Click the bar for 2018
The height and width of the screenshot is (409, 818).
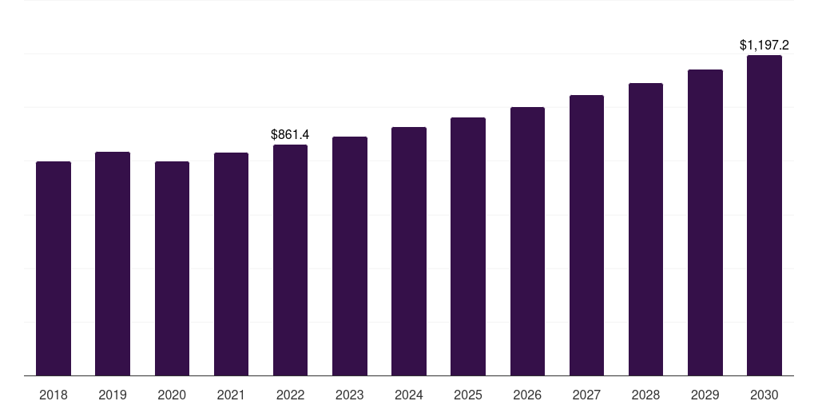(x=54, y=268)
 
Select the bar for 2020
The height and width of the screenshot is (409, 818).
(x=172, y=268)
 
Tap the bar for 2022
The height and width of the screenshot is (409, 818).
(x=290, y=260)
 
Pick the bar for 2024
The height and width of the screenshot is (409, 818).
(x=409, y=251)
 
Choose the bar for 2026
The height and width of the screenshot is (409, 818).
(x=527, y=241)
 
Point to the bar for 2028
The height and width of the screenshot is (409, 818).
(x=645, y=229)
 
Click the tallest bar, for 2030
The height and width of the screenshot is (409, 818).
(x=764, y=215)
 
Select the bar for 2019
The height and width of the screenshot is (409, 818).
(x=113, y=264)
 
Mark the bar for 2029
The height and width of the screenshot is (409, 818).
(x=705, y=222)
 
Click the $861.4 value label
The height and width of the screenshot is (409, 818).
(x=290, y=134)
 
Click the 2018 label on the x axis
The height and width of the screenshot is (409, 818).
(x=54, y=395)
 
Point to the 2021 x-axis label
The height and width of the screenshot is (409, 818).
(x=231, y=395)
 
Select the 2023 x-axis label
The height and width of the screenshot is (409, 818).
(x=350, y=395)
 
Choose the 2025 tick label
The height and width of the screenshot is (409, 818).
(x=468, y=395)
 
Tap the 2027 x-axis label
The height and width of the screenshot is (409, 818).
(x=586, y=395)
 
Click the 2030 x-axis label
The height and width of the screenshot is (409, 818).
(x=764, y=395)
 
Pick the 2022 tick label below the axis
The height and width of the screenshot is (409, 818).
(x=290, y=395)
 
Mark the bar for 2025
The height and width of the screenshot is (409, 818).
(x=468, y=246)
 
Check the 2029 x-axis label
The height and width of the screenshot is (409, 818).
(x=705, y=395)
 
